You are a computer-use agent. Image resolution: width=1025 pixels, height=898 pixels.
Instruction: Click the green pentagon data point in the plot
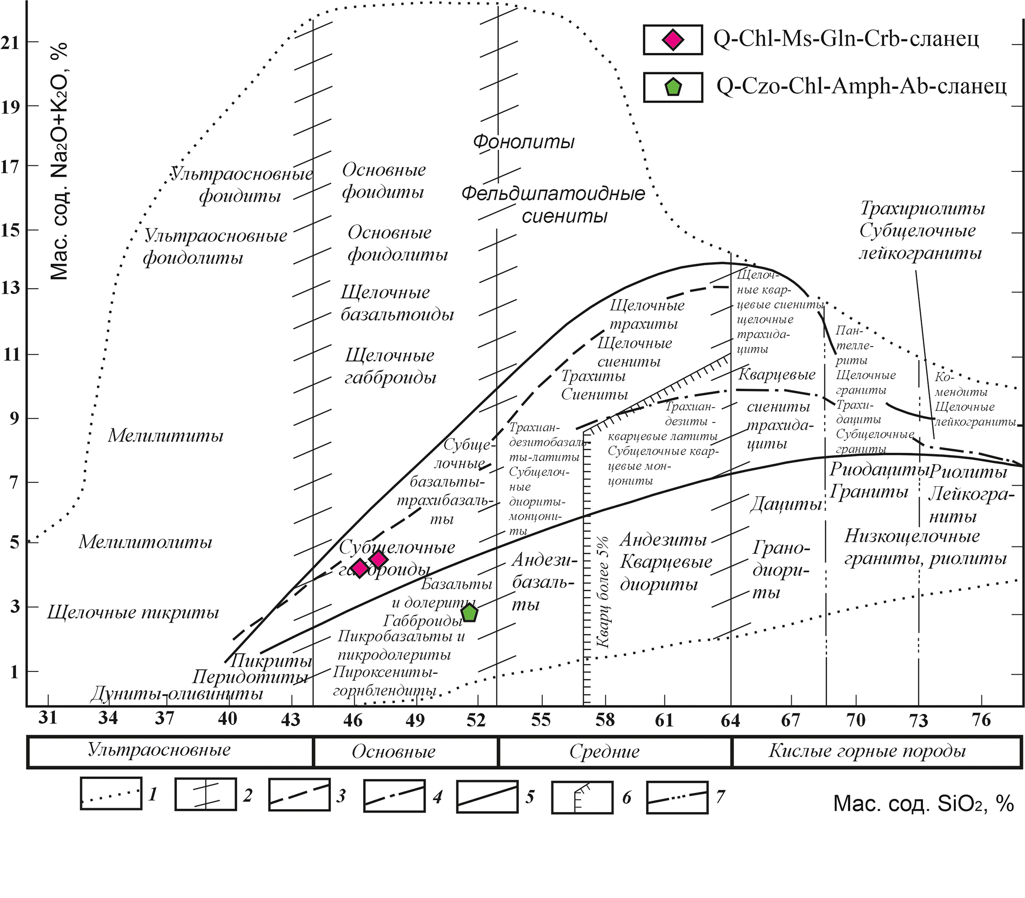tap(469, 613)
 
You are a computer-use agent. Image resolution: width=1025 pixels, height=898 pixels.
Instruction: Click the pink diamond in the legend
tap(672, 39)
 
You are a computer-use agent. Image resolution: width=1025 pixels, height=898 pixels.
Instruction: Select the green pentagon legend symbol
tap(672, 87)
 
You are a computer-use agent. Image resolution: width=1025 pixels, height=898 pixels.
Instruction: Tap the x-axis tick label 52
tap(476, 720)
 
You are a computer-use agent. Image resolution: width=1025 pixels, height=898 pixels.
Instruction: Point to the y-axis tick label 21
tap(10, 43)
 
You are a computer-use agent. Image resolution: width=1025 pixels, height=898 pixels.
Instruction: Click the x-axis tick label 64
tap(730, 720)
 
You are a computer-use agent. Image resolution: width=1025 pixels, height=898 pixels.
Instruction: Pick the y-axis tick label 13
tap(10, 288)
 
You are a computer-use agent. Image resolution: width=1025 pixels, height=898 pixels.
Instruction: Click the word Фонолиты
tap(524, 142)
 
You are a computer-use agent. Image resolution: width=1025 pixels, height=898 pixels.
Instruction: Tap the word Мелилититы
tap(165, 436)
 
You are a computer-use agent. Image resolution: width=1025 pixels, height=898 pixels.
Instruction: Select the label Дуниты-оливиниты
tap(176, 694)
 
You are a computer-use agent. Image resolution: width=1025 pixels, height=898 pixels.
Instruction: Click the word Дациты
tap(785, 504)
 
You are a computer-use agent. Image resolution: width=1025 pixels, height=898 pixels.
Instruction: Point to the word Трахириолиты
tap(923, 208)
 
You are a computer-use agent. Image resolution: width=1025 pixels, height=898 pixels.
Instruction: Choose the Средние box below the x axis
tap(604, 751)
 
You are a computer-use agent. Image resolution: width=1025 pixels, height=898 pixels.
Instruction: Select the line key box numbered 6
tap(582, 796)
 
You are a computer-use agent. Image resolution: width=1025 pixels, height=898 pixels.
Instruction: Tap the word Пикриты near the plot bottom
tap(271, 661)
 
